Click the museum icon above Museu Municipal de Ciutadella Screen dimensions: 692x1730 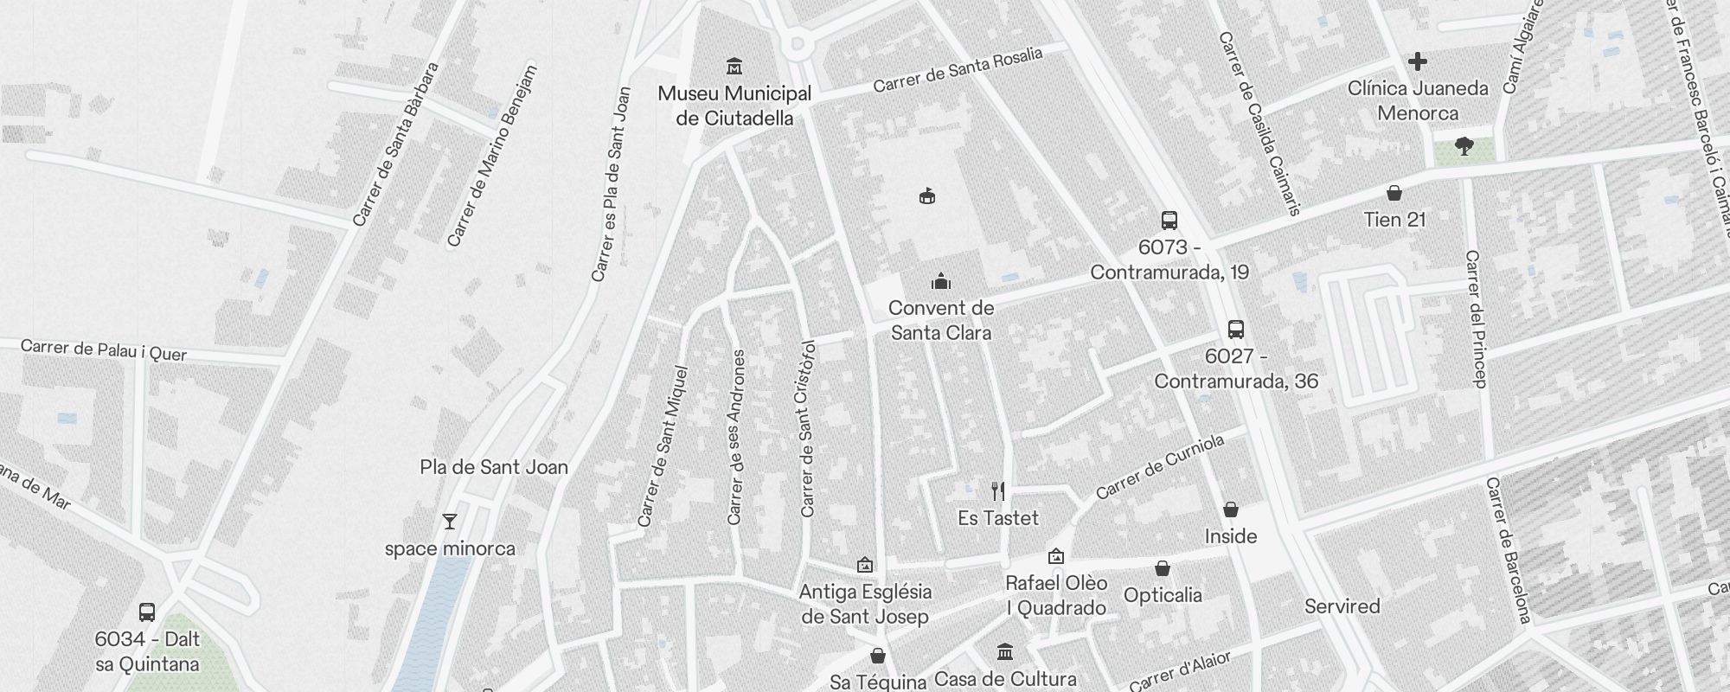point(734,66)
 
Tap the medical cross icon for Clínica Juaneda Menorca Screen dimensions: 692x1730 point(1417,61)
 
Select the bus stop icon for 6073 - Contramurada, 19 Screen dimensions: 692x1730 point(1169,221)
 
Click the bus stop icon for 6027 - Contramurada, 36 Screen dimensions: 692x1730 point(1236,330)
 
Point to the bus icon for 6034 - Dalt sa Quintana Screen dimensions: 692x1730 point(147,612)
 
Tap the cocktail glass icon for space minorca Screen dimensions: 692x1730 point(450,522)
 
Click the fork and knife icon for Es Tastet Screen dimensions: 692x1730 point(998,491)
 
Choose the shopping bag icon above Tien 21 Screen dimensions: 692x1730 point(1394,193)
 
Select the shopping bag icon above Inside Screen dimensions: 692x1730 point(1231,509)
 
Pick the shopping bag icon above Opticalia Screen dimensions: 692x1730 point(1163,568)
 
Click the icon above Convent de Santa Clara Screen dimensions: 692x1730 point(941,281)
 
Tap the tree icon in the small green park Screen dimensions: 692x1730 point(1464,146)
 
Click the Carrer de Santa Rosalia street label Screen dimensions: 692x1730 point(958,70)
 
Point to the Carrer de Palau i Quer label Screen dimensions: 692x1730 point(103,350)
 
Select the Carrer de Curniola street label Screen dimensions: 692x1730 point(1160,467)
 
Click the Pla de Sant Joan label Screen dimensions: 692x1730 point(494,467)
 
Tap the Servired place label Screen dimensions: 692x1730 point(1342,606)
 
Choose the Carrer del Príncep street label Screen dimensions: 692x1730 point(1477,318)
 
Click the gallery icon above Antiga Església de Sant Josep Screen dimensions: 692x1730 point(865,566)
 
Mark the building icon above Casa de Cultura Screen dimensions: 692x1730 point(1005,651)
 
